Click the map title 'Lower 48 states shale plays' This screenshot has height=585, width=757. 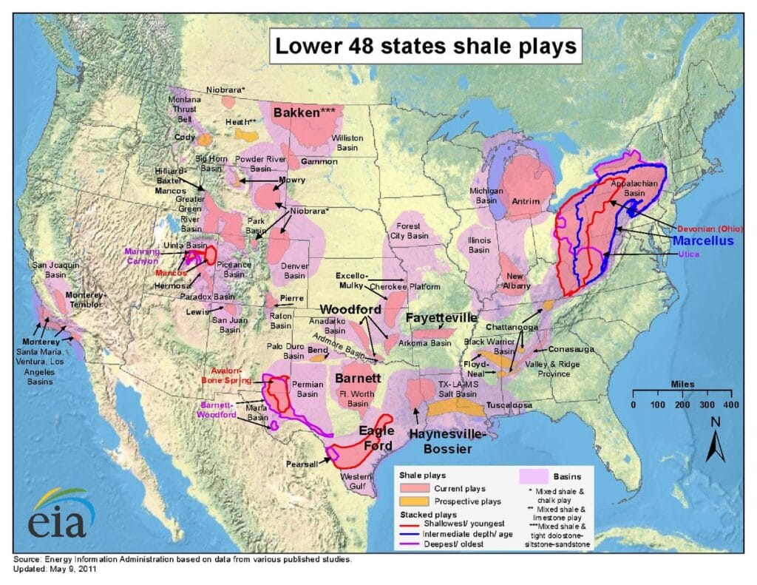(x=425, y=46)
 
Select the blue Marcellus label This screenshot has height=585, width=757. (x=703, y=242)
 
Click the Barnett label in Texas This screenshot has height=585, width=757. (x=358, y=379)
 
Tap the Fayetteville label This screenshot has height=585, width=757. (x=441, y=317)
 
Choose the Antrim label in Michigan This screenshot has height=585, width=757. (x=526, y=201)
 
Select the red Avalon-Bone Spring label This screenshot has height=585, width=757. (x=227, y=376)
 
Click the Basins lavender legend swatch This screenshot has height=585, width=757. (x=535, y=477)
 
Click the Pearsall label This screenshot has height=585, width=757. (x=301, y=464)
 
